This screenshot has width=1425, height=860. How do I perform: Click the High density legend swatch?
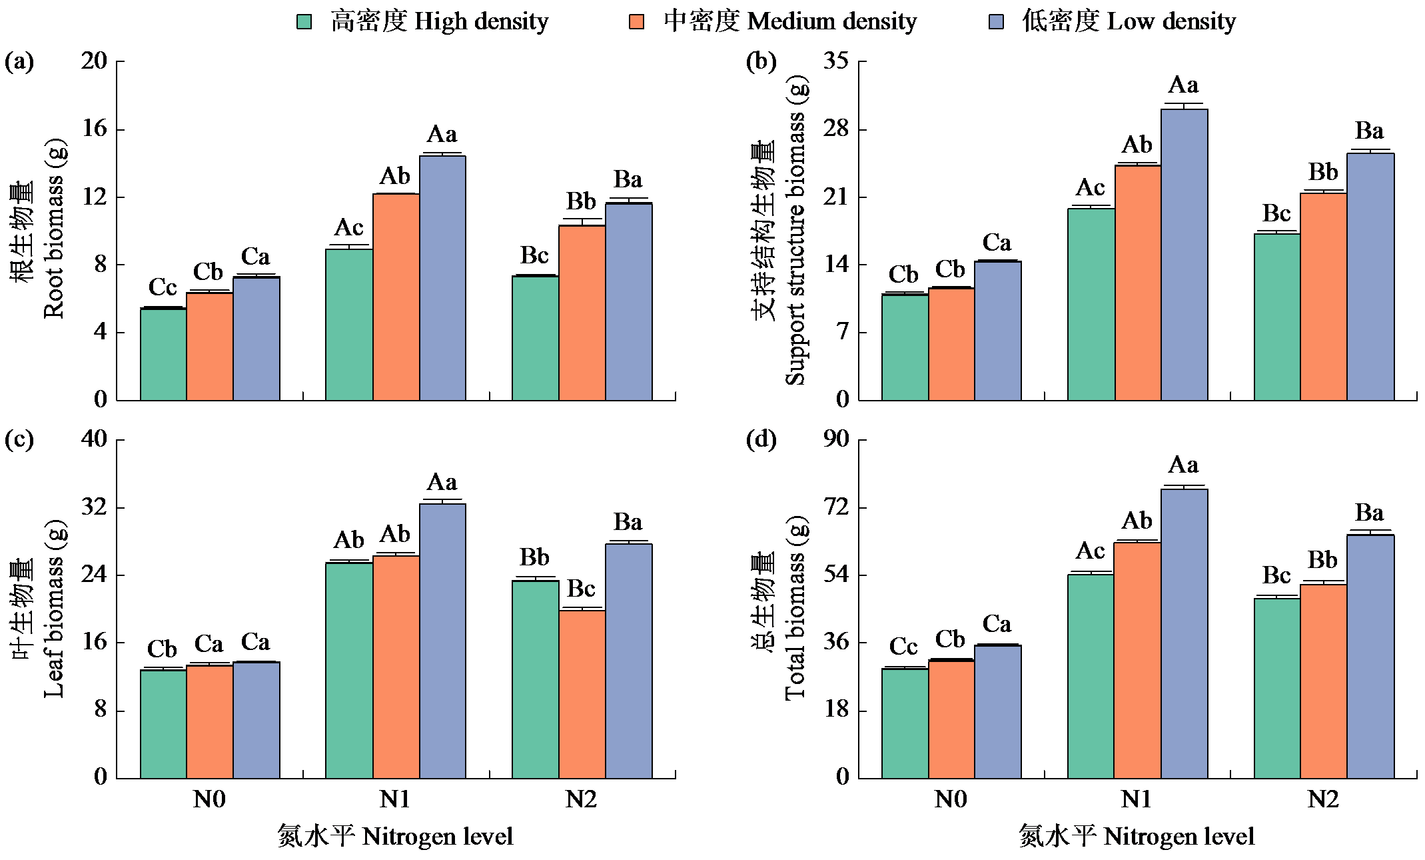[x=304, y=22]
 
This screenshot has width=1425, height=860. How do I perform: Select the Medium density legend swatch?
[x=637, y=22]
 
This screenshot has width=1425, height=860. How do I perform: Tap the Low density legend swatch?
[x=996, y=22]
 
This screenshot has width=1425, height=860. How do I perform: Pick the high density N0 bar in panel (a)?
[x=163, y=354]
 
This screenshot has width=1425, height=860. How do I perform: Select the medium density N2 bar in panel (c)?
[x=582, y=694]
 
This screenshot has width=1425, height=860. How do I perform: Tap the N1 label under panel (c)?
[x=395, y=799]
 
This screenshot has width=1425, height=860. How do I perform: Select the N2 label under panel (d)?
[x=1323, y=799]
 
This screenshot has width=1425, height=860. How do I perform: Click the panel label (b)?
[x=761, y=62]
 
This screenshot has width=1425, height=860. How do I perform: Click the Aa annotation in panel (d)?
[x=1183, y=465]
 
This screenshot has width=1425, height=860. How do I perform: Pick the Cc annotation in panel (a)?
[x=163, y=287]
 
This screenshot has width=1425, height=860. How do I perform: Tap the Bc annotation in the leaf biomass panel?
[x=581, y=589]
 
